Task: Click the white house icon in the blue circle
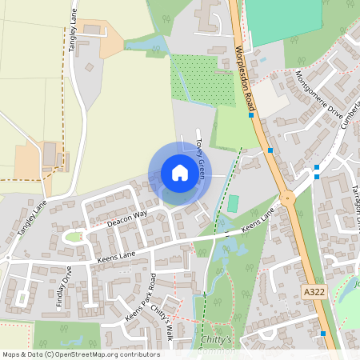point(180,173)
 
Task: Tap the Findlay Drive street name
point(69,282)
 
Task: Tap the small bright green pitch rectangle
point(233,203)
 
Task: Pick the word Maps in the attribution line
point(11,354)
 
